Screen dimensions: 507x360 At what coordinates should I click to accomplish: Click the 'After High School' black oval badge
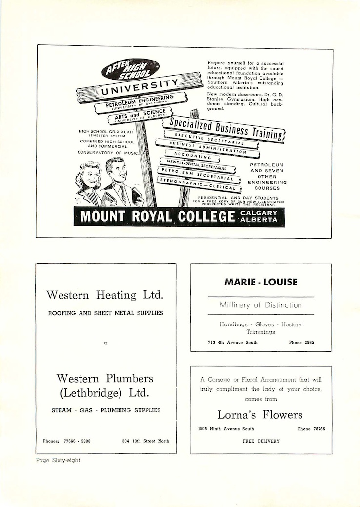tap(130, 69)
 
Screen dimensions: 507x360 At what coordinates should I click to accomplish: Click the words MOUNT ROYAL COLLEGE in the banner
tap(157, 217)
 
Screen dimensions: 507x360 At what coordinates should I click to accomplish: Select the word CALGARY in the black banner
tap(259, 213)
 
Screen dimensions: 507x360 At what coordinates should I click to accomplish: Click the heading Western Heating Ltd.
tap(105, 295)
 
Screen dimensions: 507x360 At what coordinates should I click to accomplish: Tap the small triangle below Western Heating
tap(105, 344)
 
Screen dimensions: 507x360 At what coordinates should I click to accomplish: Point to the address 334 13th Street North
tap(145, 441)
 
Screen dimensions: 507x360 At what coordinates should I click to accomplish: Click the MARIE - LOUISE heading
tap(261, 282)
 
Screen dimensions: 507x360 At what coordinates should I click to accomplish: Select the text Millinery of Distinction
tap(260, 305)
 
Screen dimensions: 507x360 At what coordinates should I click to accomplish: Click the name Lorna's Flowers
tap(260, 415)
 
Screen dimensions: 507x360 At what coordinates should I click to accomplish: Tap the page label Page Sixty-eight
tap(58, 460)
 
